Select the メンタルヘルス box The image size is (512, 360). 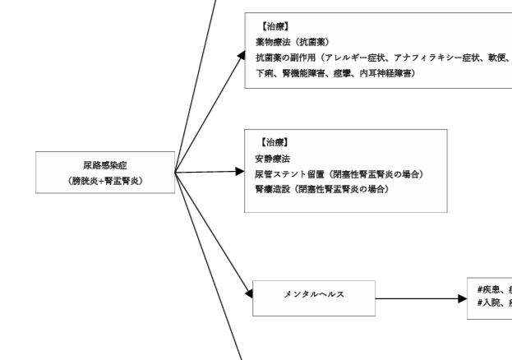314,295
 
